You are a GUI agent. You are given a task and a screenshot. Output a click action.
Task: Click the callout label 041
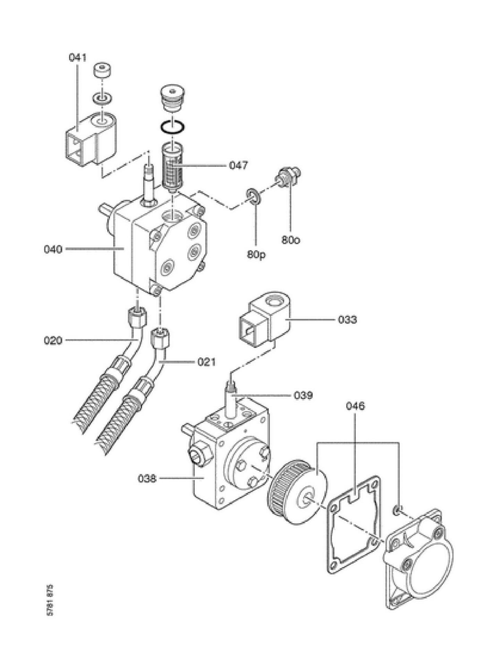coord(77,58)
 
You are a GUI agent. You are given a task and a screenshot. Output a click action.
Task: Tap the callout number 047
coord(239,165)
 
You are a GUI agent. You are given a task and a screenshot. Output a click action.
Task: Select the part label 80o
coord(291,240)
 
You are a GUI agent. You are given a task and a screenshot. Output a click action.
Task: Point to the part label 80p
coord(256,255)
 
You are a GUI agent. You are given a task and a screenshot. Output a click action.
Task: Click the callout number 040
coord(53,249)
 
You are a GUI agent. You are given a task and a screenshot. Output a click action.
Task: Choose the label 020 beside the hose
coord(53,341)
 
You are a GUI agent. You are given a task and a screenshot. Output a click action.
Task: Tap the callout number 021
coord(207,362)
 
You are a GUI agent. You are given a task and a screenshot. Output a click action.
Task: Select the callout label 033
coord(347,319)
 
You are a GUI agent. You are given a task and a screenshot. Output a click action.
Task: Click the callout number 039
coord(303,395)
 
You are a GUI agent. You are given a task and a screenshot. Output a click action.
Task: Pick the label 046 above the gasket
coord(355,406)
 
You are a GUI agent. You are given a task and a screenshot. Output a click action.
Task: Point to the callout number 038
coord(147,479)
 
